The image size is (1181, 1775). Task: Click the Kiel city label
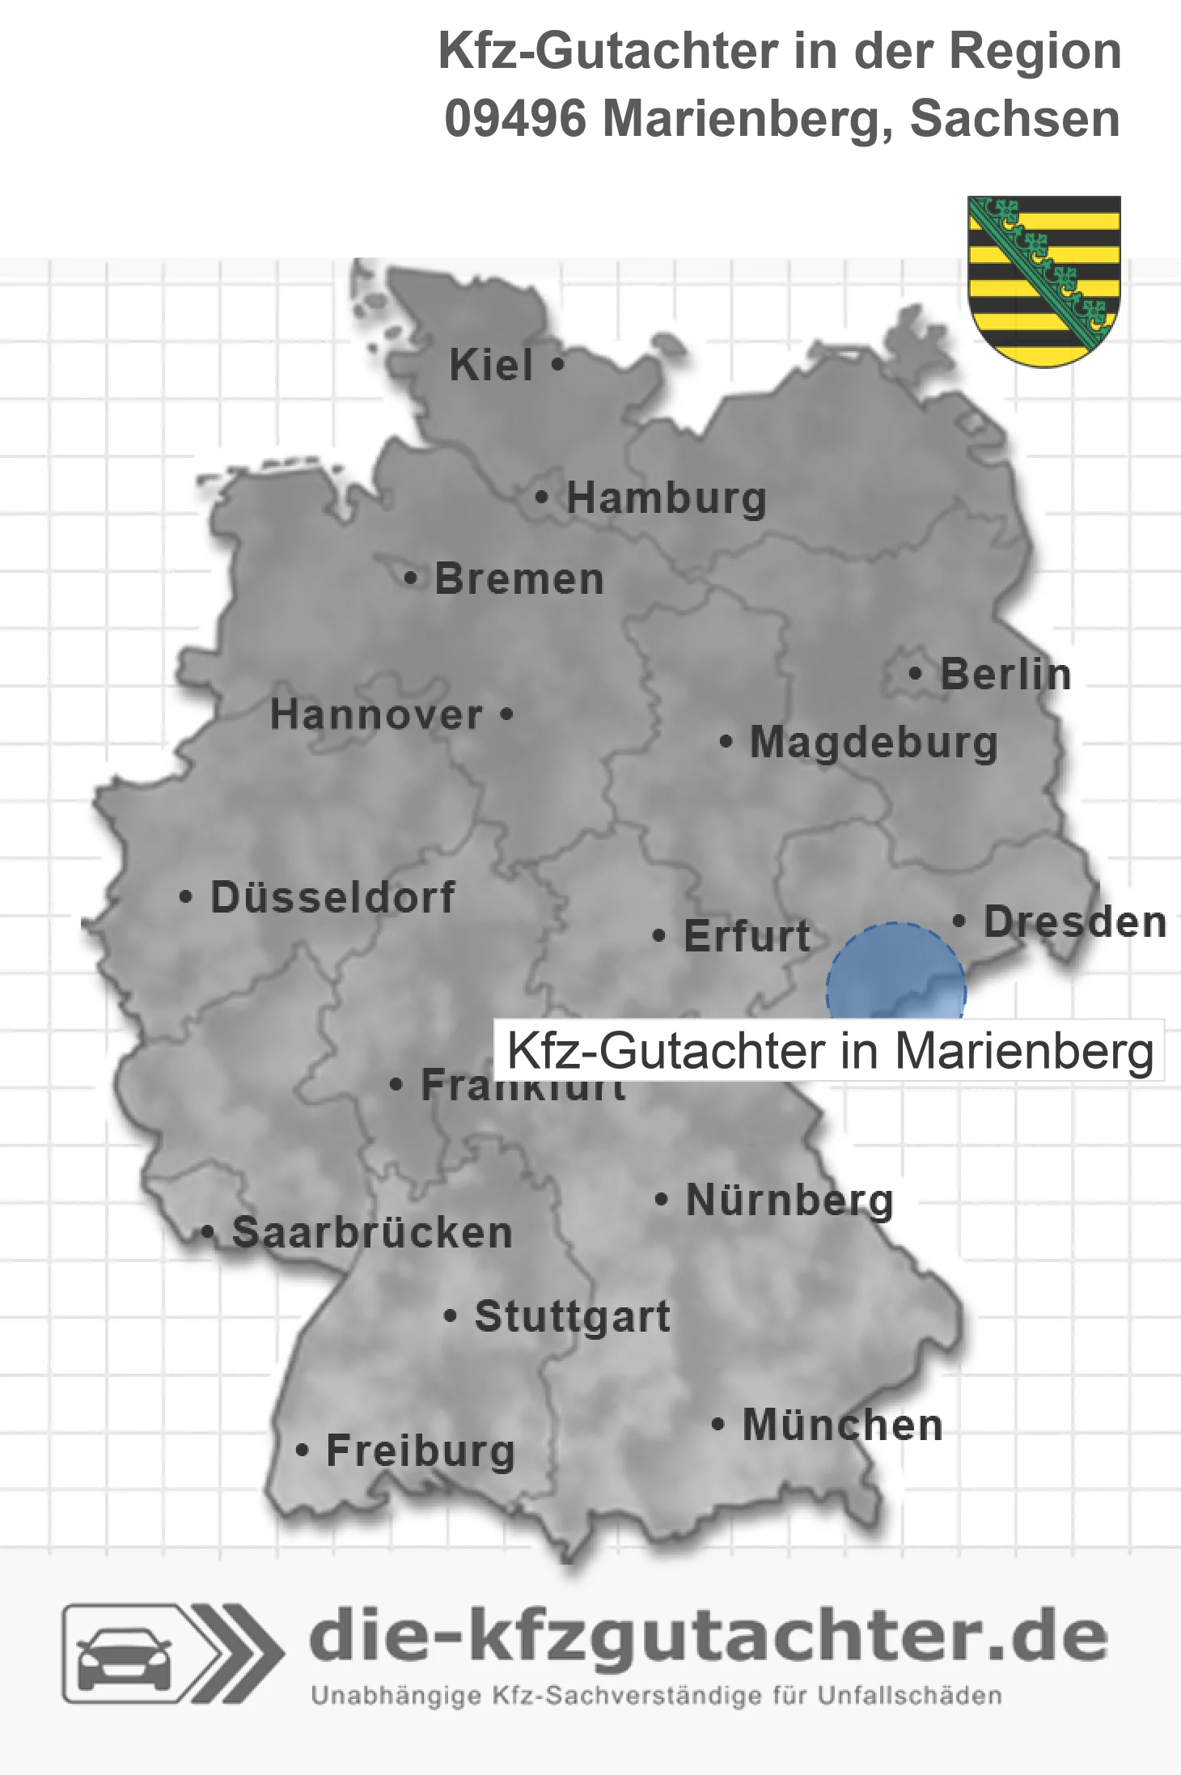491,365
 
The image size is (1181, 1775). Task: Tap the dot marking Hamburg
542,498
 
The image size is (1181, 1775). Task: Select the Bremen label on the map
519,579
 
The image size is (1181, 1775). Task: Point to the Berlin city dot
915,673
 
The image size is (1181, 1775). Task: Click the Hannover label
376,715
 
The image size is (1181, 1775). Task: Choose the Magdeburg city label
874,742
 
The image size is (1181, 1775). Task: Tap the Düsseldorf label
332,897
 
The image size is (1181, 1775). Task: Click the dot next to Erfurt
659,936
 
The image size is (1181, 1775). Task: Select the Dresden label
1075,921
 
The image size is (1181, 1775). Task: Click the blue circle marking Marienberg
895,971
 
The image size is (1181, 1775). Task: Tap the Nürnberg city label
789,1200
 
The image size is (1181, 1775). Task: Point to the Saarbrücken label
372,1233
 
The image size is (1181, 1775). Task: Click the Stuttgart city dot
451,1316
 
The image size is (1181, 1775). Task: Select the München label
843,1425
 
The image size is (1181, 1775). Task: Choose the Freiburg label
421,1451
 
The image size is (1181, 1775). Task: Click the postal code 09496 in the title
515,119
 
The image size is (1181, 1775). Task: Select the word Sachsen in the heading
1015,119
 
